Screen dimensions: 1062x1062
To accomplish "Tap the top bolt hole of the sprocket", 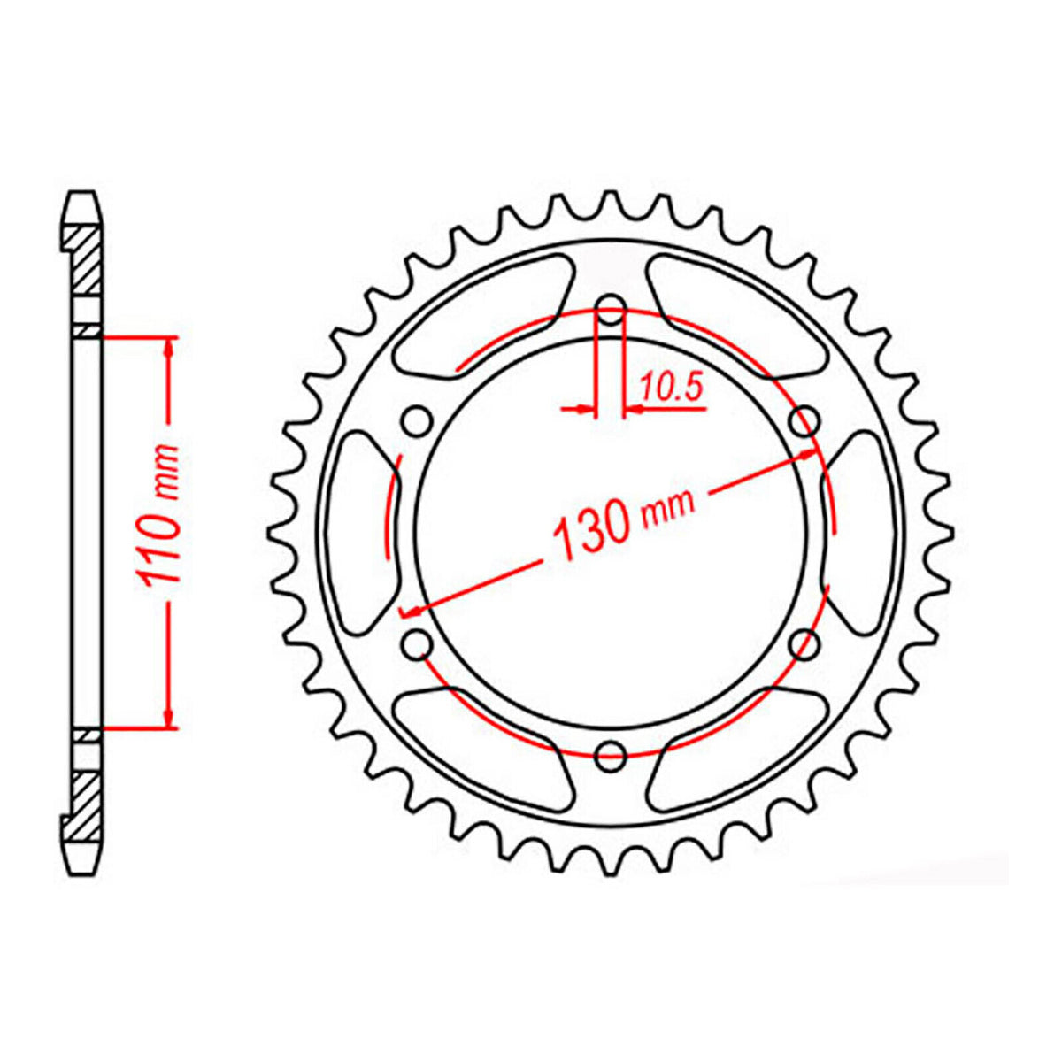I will tap(611, 312).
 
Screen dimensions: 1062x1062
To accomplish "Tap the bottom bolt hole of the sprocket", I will tap(611, 754).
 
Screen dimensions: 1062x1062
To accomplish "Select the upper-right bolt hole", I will tap(804, 421).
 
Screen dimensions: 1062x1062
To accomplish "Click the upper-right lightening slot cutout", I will tap(739, 314).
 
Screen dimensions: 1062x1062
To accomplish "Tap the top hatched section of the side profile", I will tap(83, 261).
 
